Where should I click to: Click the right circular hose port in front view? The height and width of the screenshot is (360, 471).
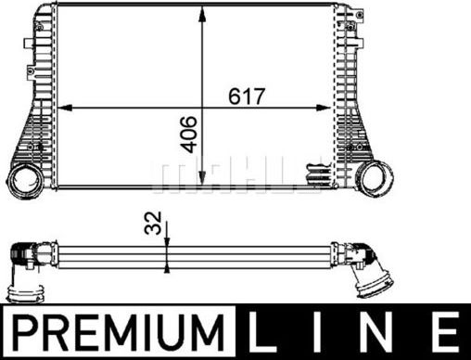pos(376,176)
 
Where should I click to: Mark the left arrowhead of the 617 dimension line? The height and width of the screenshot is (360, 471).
pos(63,108)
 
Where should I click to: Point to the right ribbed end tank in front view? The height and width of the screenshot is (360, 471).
pos(352,93)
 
